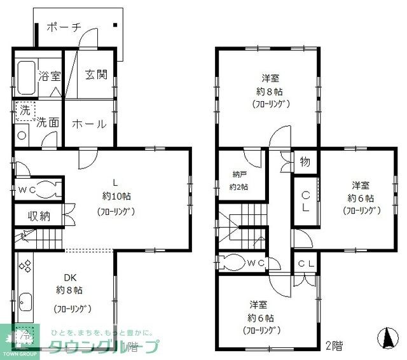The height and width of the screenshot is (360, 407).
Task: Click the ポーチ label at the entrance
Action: (64, 27)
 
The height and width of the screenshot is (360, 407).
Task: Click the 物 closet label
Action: (305, 162)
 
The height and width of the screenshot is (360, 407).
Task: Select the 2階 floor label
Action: (334, 347)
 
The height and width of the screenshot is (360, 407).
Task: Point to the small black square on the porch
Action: (115, 26)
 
